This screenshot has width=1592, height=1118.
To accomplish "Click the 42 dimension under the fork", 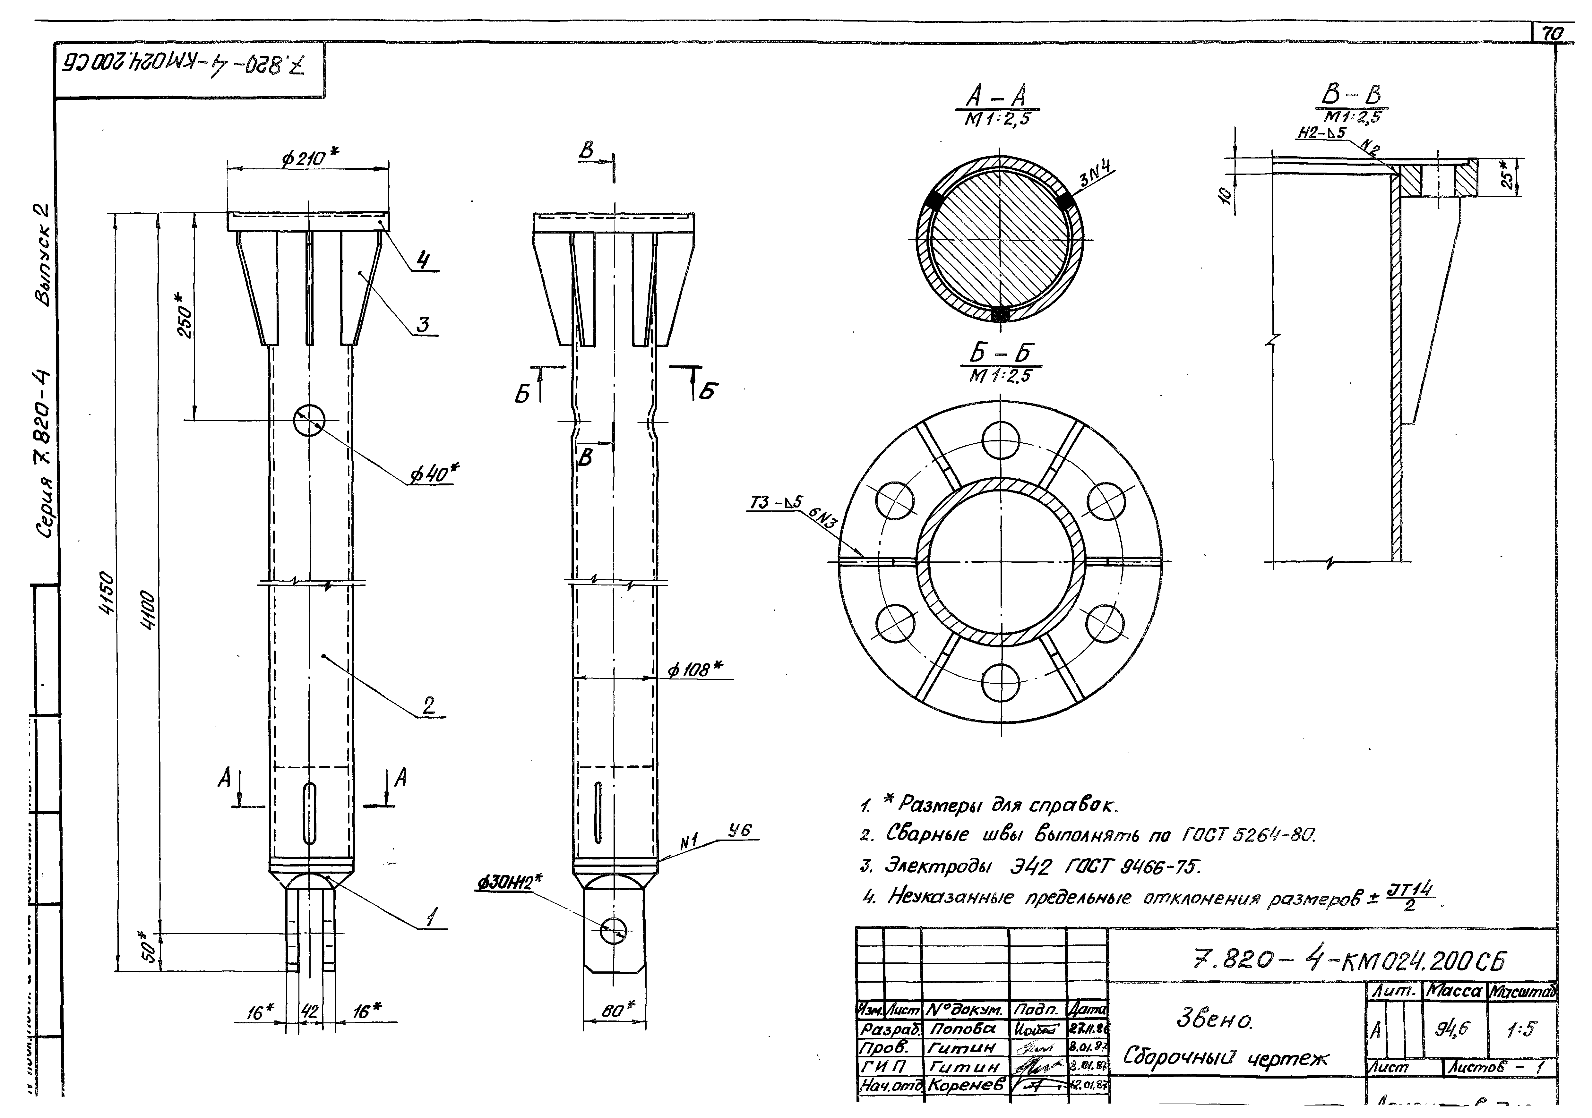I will [309, 1011].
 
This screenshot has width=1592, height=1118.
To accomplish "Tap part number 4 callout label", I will [423, 260].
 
